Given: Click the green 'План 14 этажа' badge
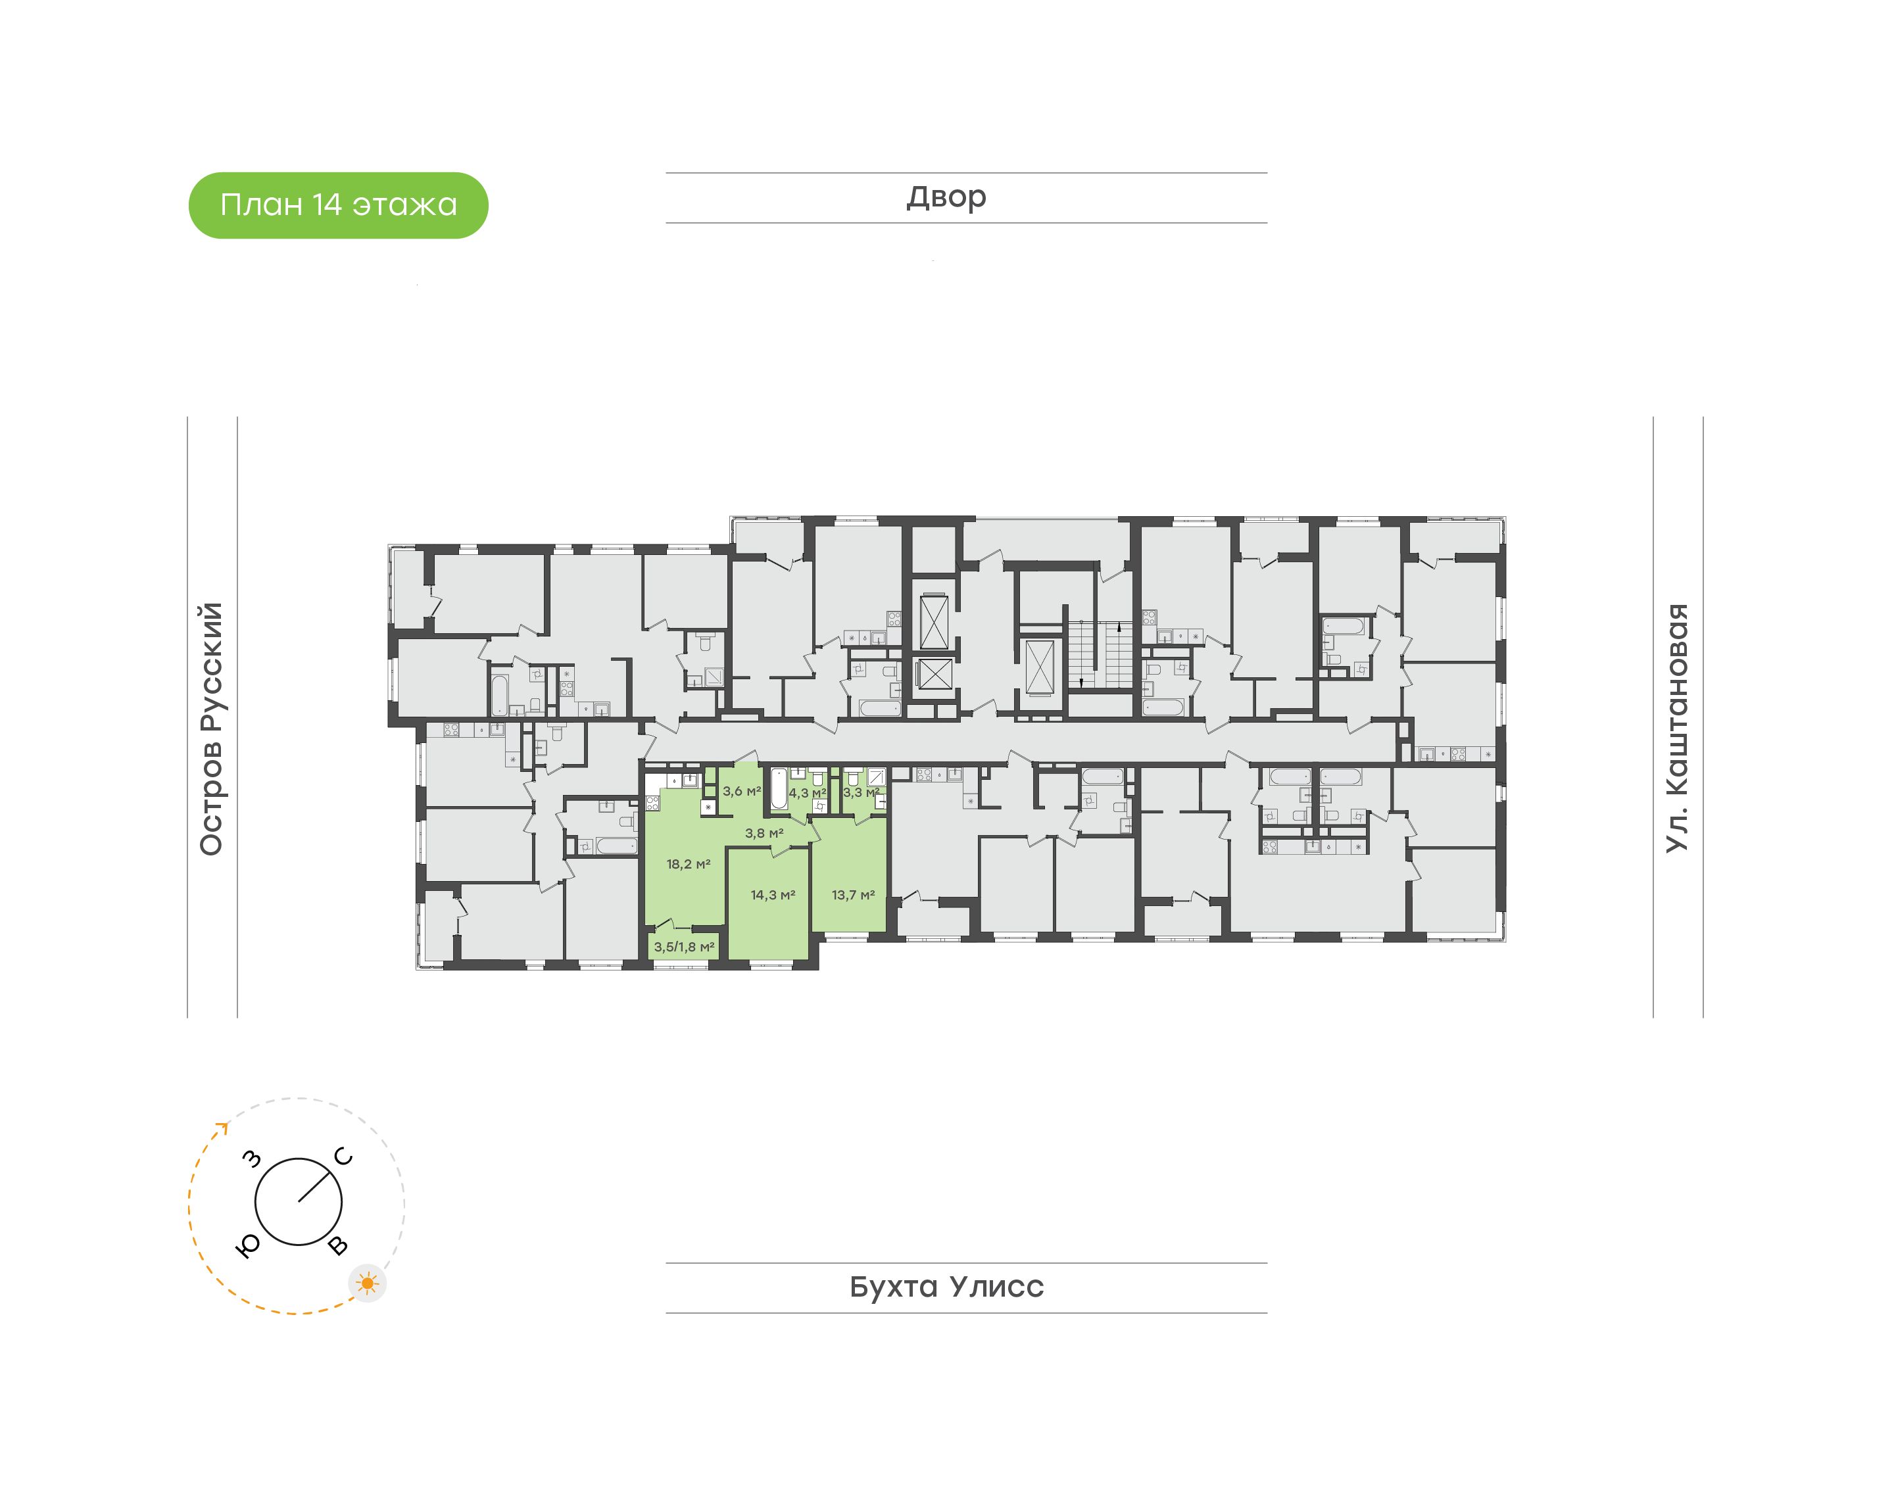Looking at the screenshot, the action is pos(339,205).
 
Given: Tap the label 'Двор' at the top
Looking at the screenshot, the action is pos(946,197).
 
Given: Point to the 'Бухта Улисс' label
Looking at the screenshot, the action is pos(946,1287).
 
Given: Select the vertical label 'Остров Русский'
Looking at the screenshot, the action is pos(211,729).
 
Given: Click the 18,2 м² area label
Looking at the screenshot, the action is pos(688,864).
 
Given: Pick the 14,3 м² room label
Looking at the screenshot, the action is pos(773,894).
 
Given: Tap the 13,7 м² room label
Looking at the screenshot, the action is pos(852,894).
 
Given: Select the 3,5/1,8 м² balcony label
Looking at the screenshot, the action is pos(684,947).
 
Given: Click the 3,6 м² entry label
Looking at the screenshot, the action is pos(741,791).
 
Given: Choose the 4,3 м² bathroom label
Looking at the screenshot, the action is pos(808,792).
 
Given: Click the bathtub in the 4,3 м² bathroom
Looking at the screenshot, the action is pos(779,789).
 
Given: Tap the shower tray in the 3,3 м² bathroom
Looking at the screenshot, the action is pos(876,777).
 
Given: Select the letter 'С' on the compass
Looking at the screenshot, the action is pos(344,1157).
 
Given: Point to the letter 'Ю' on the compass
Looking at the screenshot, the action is pos(248,1247).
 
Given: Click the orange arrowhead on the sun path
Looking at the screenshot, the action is pos(223,1129).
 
